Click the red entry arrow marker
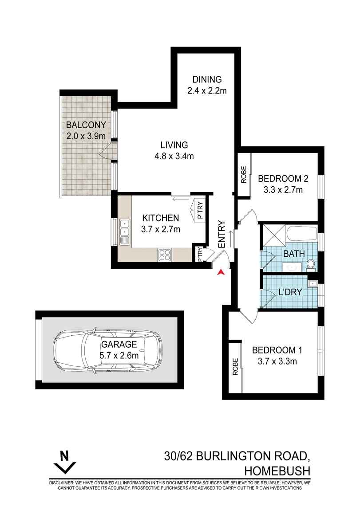(221, 272)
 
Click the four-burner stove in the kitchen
(165, 255)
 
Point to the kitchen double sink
(125, 231)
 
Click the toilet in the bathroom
(311, 264)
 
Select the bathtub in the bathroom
(301, 234)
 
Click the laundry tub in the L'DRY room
(313, 282)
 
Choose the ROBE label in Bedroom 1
(236, 367)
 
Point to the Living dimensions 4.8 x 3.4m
(174, 156)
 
